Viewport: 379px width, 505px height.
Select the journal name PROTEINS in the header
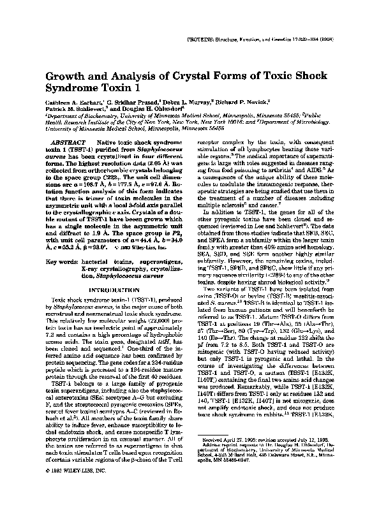pyautogui.click(x=221, y=40)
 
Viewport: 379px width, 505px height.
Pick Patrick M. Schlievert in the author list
pyautogui.click(x=75, y=108)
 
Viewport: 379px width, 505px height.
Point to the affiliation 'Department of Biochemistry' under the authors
pyautogui.click(x=76, y=115)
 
